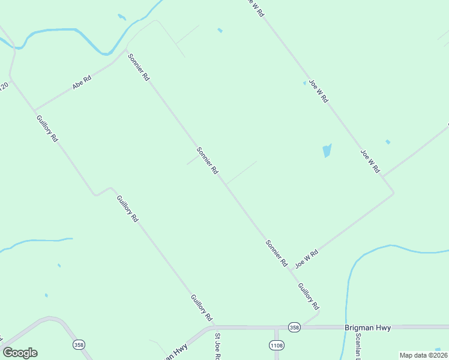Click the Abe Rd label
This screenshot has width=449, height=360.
[x=81, y=82]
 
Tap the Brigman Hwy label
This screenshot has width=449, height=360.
[x=368, y=328]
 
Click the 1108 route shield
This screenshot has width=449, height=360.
[x=276, y=345]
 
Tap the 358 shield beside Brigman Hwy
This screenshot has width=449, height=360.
[x=294, y=327]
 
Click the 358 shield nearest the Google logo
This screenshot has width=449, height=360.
[x=79, y=344]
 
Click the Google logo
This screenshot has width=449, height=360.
[x=20, y=353]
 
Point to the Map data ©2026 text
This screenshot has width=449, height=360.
[x=424, y=355]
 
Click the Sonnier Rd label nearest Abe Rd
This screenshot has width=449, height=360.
[x=139, y=67]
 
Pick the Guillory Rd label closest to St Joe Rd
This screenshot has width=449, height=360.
[x=202, y=307]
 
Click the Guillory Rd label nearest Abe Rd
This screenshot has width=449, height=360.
[x=47, y=128]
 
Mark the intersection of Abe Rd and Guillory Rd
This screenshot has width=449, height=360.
[x=35, y=111]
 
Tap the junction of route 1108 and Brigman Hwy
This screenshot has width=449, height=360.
[x=276, y=328]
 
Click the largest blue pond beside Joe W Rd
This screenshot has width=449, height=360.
[x=327, y=150]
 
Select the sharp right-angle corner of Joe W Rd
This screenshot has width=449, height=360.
[x=393, y=193]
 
